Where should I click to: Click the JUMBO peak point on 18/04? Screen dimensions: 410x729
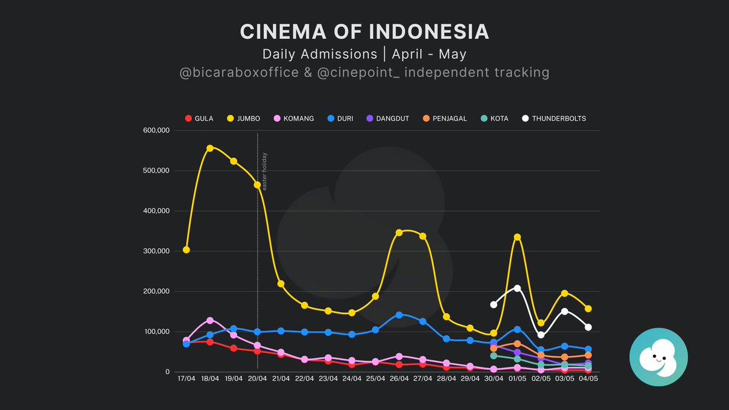(x=210, y=148)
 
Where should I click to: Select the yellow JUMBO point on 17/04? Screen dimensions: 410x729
(x=186, y=250)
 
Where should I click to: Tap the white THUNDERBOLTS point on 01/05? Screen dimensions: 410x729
(x=517, y=288)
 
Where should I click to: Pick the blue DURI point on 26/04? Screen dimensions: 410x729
(x=399, y=315)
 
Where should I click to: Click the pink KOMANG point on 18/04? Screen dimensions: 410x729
(x=210, y=320)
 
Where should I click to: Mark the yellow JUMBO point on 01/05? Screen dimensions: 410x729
(x=517, y=237)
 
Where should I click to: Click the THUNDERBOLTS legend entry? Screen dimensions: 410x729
(x=554, y=118)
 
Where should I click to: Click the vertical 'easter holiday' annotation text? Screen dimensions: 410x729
(x=264, y=171)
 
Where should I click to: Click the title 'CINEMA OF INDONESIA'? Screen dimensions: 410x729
(x=364, y=32)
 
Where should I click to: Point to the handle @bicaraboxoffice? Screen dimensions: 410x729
(x=239, y=73)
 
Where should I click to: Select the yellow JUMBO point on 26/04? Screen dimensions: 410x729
(x=399, y=233)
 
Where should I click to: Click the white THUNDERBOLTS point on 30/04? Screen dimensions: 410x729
(x=493, y=304)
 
